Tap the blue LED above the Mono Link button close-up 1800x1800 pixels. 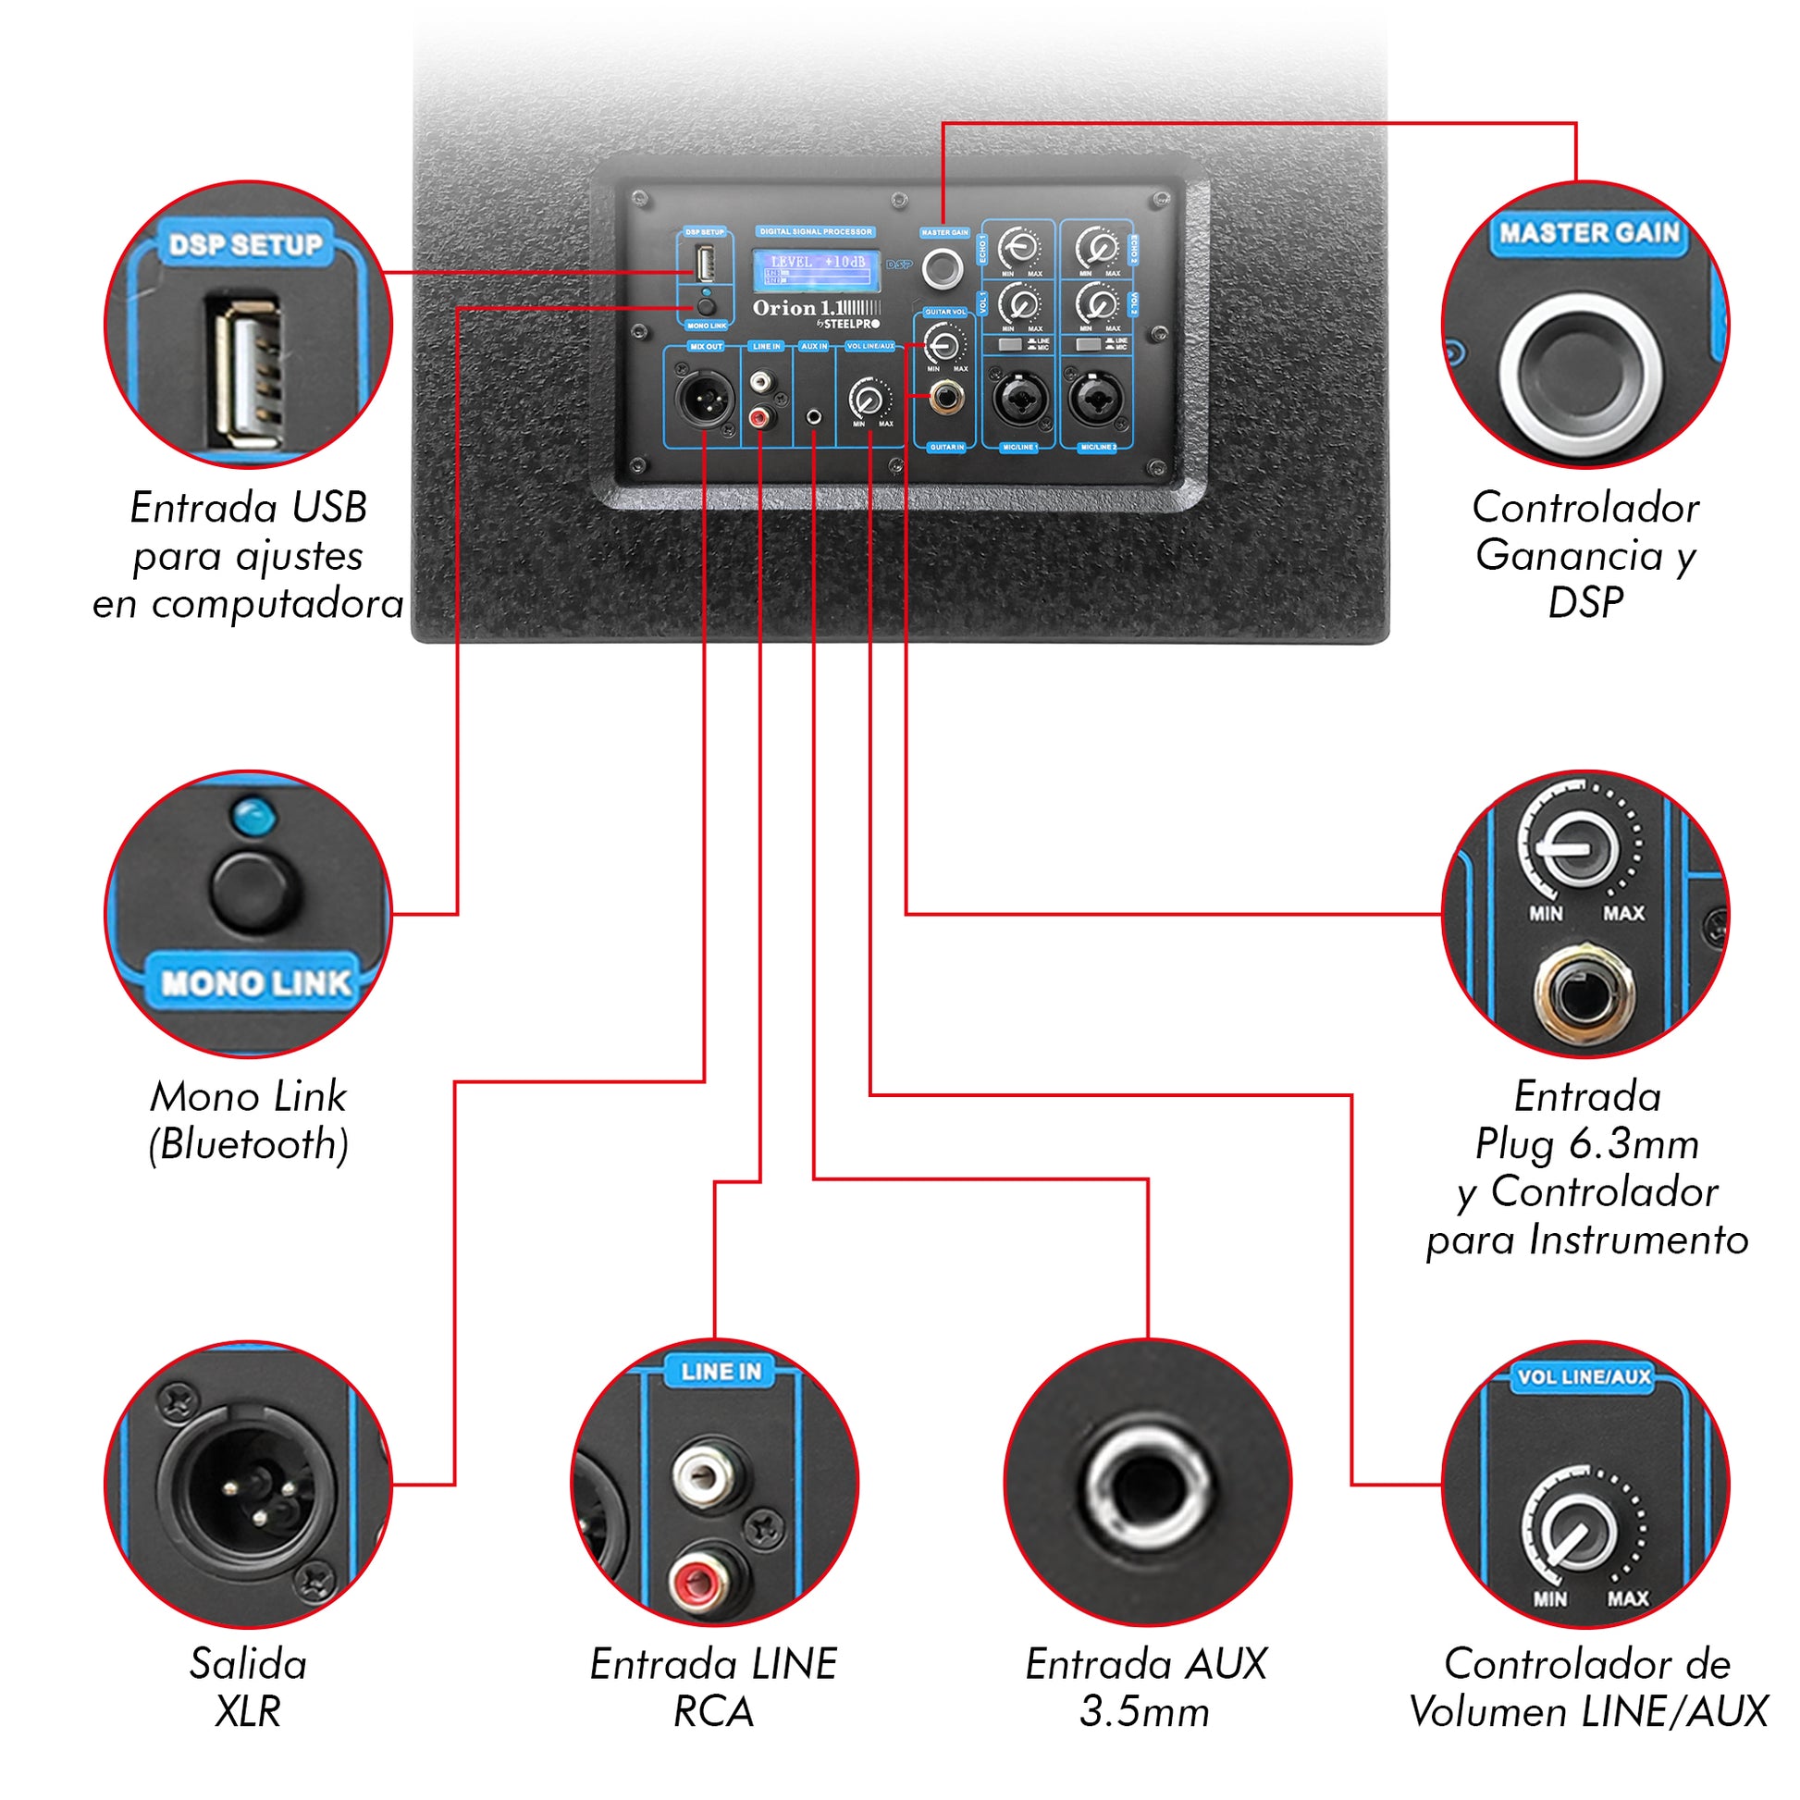click(253, 817)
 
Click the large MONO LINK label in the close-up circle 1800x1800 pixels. click(254, 983)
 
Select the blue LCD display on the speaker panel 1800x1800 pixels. click(816, 270)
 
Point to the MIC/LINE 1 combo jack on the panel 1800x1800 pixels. click(1020, 400)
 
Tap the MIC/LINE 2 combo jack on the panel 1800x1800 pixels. click(1098, 400)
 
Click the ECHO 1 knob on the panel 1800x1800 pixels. click(1020, 248)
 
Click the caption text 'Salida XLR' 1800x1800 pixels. click(248, 1687)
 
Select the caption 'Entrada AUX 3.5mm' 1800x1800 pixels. click(1146, 1687)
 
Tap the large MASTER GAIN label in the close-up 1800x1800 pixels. click(1588, 233)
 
